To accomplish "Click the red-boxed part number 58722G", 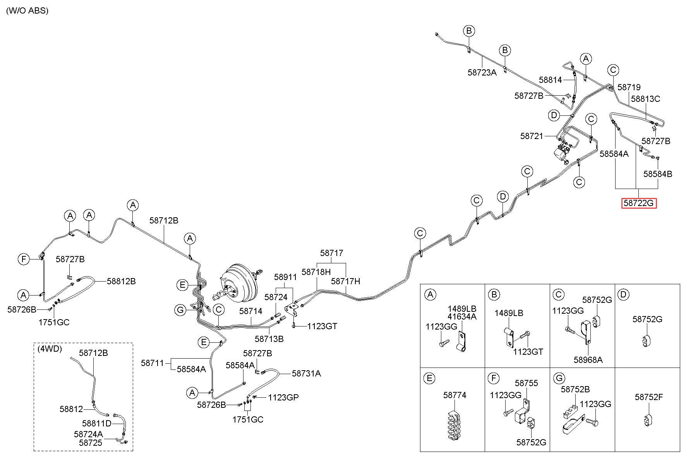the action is tap(639, 203).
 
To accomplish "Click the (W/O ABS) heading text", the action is tap(27, 11).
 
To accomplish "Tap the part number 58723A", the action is tap(482, 72).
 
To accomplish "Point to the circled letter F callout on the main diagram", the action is tap(24, 259).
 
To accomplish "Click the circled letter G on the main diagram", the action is tap(180, 310).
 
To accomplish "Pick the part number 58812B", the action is tap(121, 281).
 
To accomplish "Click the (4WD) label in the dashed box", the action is tap(49, 349).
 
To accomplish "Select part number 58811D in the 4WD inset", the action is tap(97, 423).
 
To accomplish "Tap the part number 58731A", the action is tap(306, 373).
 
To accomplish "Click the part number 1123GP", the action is tap(283, 397).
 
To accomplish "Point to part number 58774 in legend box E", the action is tap(454, 395).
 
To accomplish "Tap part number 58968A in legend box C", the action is tap(588, 359).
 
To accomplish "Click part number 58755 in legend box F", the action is tap(527, 383).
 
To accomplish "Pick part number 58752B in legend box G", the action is tap(575, 389).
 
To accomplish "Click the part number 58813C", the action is tap(645, 99).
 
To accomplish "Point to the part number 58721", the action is tap(532, 136).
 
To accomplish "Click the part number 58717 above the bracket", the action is tap(331, 253).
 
